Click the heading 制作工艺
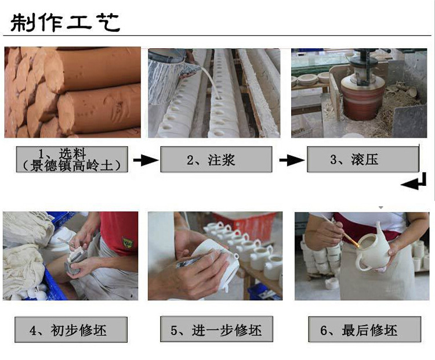point(65,22)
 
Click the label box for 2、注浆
point(216,160)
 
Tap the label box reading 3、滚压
point(363,160)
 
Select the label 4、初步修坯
point(71,330)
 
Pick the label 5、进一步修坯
point(216,329)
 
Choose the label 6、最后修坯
point(365,330)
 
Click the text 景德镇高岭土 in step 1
point(72,166)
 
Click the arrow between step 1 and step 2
point(146,160)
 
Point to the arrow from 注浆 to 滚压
point(292,160)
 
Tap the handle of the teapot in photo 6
point(360,263)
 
